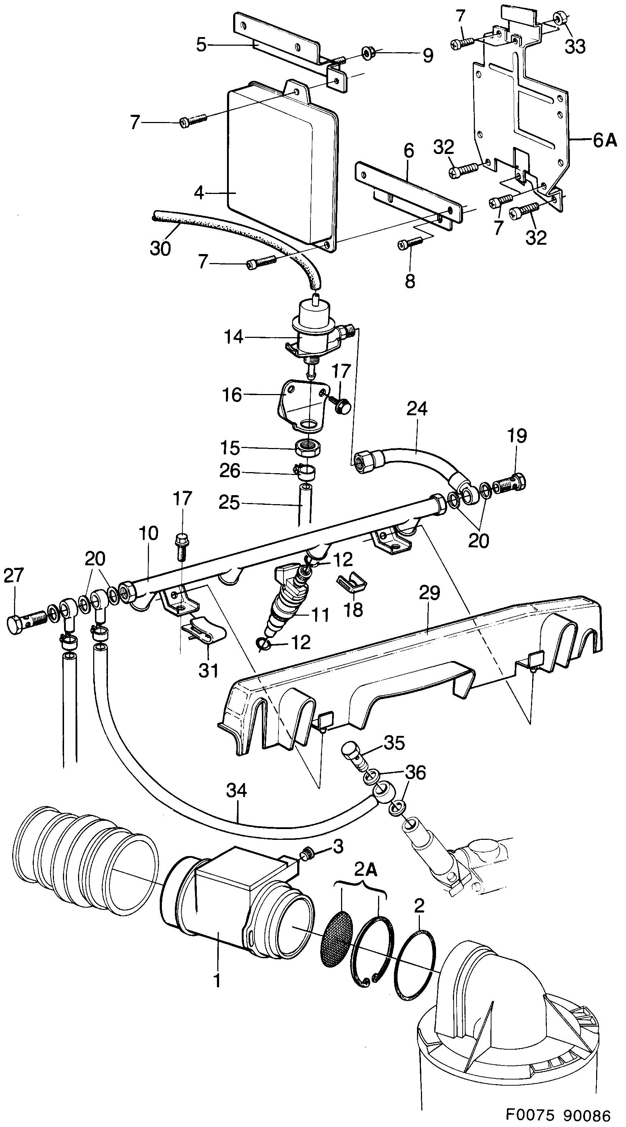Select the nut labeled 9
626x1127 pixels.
click(368, 55)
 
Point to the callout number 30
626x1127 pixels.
click(160, 249)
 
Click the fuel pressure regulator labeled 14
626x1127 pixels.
click(312, 328)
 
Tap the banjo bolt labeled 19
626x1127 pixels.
click(510, 485)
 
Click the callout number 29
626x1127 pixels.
click(429, 594)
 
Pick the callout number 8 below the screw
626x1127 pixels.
click(409, 281)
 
